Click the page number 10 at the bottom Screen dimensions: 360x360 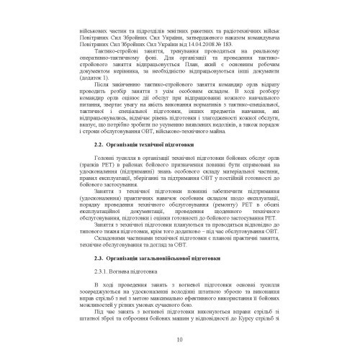pos(179,341)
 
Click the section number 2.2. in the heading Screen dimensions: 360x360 pos(101,166)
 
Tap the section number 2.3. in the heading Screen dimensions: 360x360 pos(101,258)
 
